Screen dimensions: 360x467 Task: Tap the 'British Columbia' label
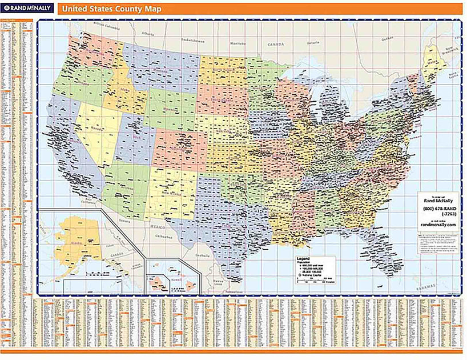(104, 27)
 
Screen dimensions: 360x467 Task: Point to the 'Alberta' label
(150, 34)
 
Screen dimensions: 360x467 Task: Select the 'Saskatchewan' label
(192, 41)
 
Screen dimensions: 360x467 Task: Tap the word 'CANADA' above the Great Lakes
(276, 44)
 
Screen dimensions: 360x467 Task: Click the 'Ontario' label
(312, 42)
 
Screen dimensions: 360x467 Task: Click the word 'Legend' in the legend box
(302, 259)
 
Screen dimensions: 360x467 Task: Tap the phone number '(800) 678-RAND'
(438, 208)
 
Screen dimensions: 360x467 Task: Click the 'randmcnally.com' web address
(438, 225)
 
